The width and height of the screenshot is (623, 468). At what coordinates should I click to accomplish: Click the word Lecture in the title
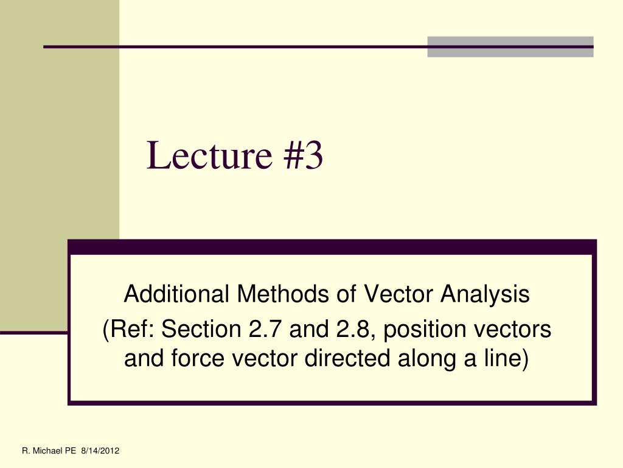(x=209, y=155)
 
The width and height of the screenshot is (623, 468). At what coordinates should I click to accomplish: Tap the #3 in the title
(x=303, y=155)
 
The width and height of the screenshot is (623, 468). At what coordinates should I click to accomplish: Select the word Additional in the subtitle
(x=176, y=294)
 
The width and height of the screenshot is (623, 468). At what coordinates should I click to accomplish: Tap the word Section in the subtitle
(x=201, y=328)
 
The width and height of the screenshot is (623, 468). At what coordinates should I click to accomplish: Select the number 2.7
(x=265, y=328)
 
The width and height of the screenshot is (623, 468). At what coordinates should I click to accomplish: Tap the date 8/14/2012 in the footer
(x=100, y=451)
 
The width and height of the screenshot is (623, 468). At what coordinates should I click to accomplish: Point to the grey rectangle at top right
(x=510, y=46)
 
